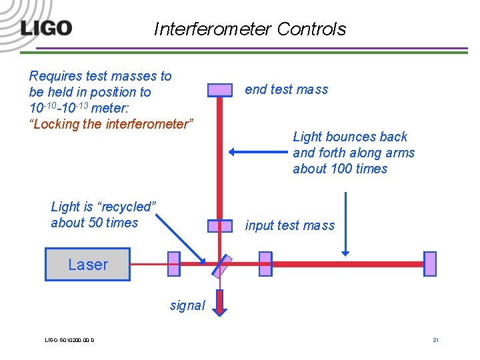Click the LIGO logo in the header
pyautogui.click(x=46, y=29)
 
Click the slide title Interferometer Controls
pyautogui.click(x=250, y=29)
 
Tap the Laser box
pyautogui.click(x=87, y=265)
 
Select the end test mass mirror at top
pyautogui.click(x=219, y=90)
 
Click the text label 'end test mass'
pyautogui.click(x=287, y=89)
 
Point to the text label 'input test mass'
pyautogui.click(x=290, y=225)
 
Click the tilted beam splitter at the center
pyautogui.click(x=222, y=265)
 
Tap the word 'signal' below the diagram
pyautogui.click(x=187, y=305)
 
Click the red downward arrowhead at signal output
pyautogui.click(x=220, y=308)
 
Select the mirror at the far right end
pyautogui.click(x=430, y=264)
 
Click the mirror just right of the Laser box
pyautogui.click(x=174, y=264)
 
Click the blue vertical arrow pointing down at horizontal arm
pyautogui.click(x=345, y=223)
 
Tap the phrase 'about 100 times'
pyautogui.click(x=340, y=169)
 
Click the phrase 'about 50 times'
pyautogui.click(x=95, y=223)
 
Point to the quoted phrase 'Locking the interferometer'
pyautogui.click(x=112, y=124)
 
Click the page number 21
pyautogui.click(x=435, y=341)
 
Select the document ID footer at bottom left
pyautogui.click(x=69, y=341)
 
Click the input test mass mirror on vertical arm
pyautogui.click(x=219, y=226)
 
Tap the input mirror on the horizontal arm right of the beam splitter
pyautogui.click(x=265, y=264)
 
